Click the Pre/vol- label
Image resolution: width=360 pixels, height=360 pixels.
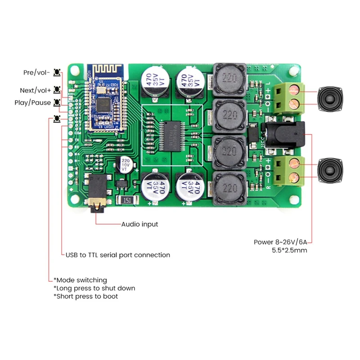pyautogui.click(x=36, y=72)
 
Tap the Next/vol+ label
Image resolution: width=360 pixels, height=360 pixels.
pyautogui.click(x=35, y=90)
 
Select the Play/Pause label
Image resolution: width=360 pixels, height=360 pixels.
pyautogui.click(x=32, y=103)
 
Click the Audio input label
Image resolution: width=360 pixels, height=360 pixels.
pyautogui.click(x=140, y=224)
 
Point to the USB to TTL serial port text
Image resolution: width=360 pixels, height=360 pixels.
pyautogui.click(x=118, y=255)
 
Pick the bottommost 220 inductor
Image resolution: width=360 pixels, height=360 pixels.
pyautogui.click(x=229, y=189)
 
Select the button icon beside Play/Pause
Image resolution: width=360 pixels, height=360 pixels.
pyautogui.click(x=57, y=103)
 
